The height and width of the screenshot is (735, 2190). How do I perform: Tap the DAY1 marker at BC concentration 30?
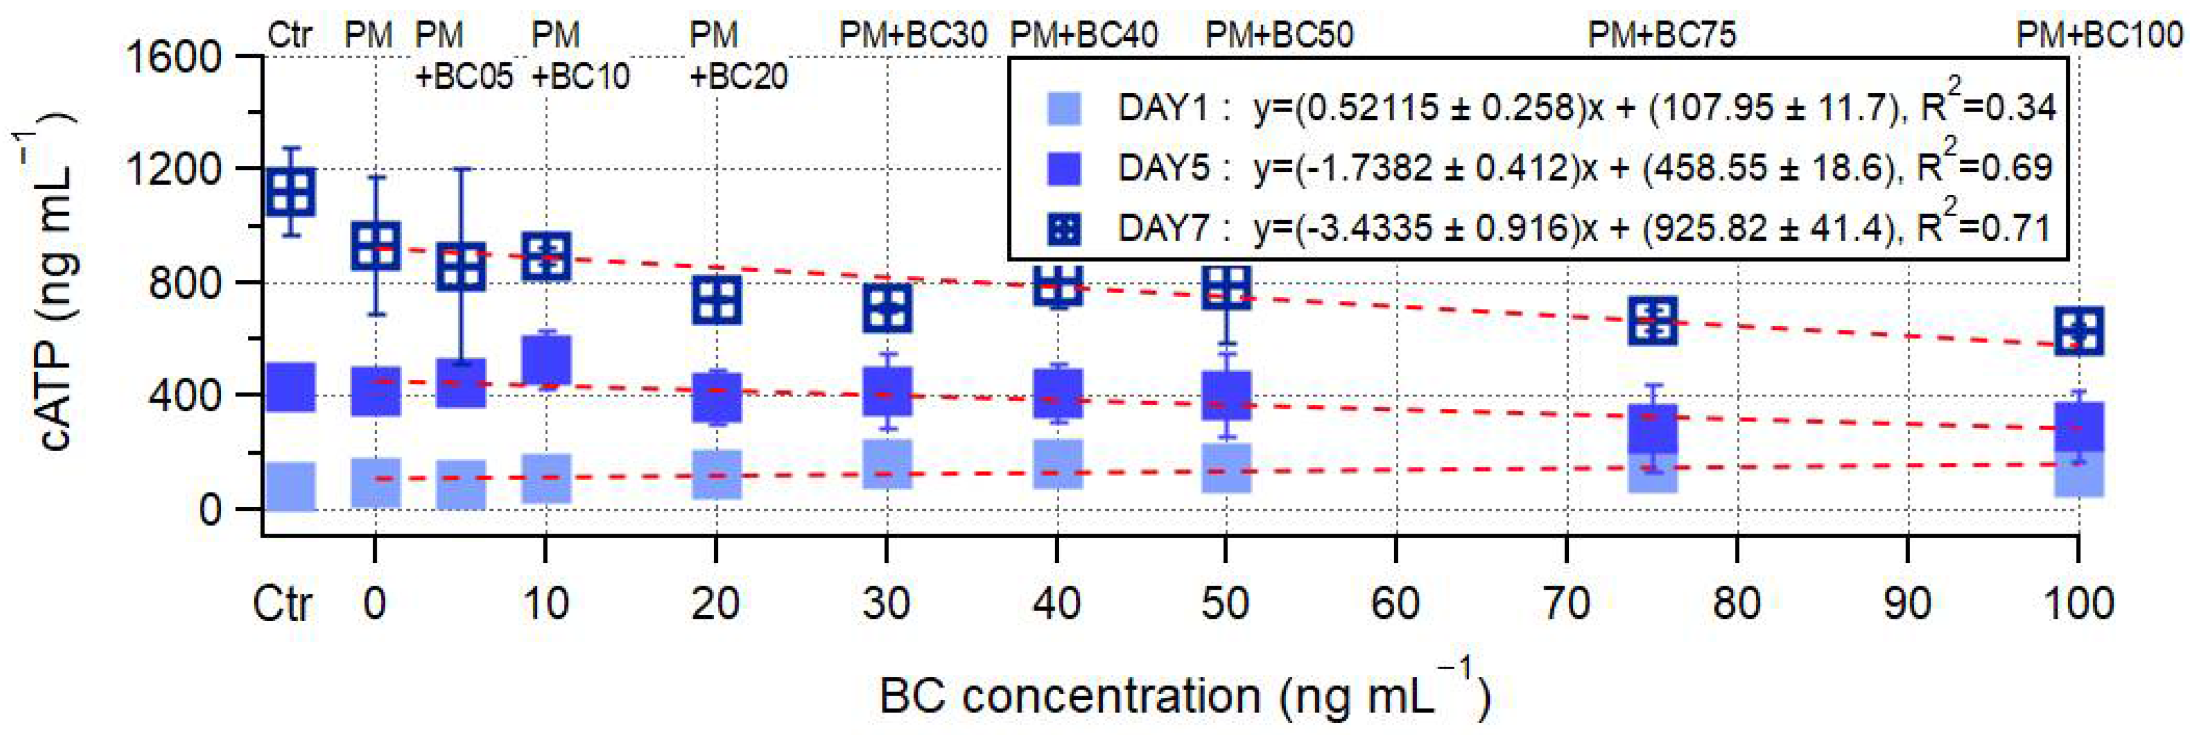click(887, 464)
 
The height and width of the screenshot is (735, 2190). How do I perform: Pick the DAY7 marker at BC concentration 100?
click(2078, 331)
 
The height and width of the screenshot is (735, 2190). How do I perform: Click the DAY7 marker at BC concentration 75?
click(1653, 320)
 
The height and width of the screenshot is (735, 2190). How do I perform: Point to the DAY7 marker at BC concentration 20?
click(717, 300)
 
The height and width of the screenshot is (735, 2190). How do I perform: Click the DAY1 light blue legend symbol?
click(1064, 108)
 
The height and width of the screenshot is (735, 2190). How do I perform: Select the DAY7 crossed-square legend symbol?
click(1064, 228)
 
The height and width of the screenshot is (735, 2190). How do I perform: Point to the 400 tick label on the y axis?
click(186, 395)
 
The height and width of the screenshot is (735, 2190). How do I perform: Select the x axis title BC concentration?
click(1182, 695)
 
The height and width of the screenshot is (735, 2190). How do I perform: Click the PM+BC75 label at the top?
click(1661, 35)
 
